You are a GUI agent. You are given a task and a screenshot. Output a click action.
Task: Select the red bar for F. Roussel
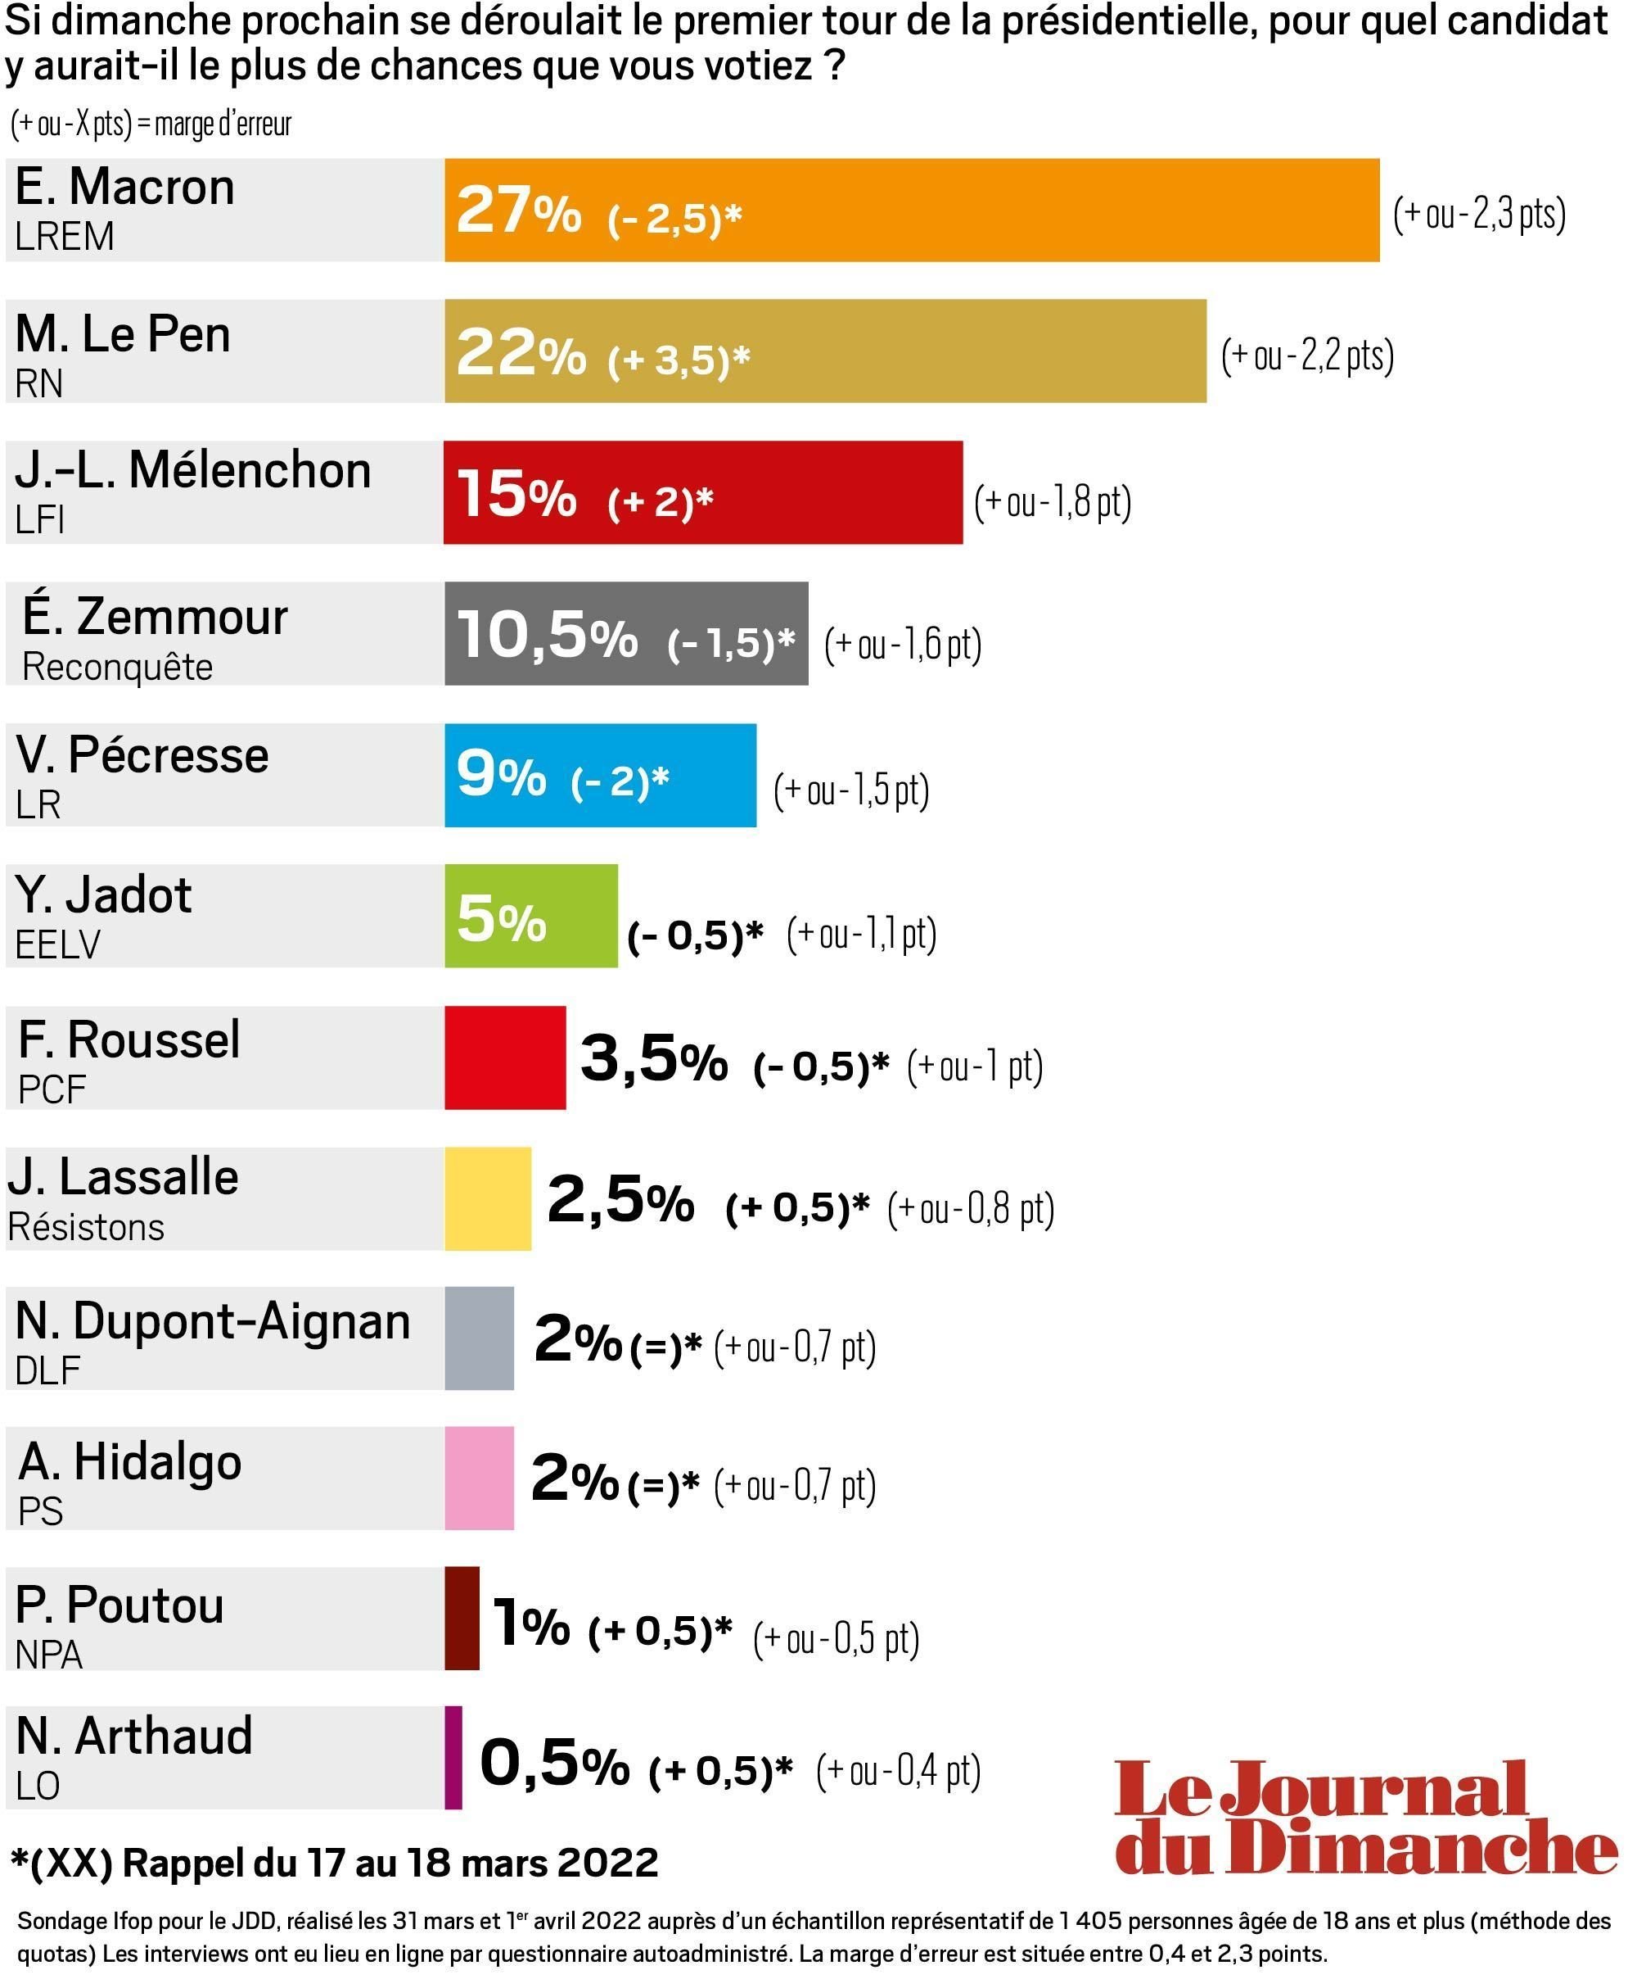coord(505,1057)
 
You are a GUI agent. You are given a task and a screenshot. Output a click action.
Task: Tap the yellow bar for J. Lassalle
coord(487,1198)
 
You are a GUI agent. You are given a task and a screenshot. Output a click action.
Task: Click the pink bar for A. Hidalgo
coord(479,1478)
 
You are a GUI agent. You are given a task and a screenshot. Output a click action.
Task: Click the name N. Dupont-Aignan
coord(213,1321)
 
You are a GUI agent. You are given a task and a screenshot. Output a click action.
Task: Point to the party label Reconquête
coord(118,668)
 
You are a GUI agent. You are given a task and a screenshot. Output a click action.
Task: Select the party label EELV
coord(57,944)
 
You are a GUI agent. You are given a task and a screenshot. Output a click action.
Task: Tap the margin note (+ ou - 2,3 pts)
coord(1479,214)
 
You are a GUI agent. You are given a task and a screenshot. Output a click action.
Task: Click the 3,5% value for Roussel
coord(654,1058)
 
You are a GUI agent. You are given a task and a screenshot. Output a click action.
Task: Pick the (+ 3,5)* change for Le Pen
coord(679,359)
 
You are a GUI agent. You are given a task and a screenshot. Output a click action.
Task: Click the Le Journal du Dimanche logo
coord(1366,1817)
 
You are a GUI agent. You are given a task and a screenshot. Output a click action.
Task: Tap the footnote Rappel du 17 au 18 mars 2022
coord(335,1863)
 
